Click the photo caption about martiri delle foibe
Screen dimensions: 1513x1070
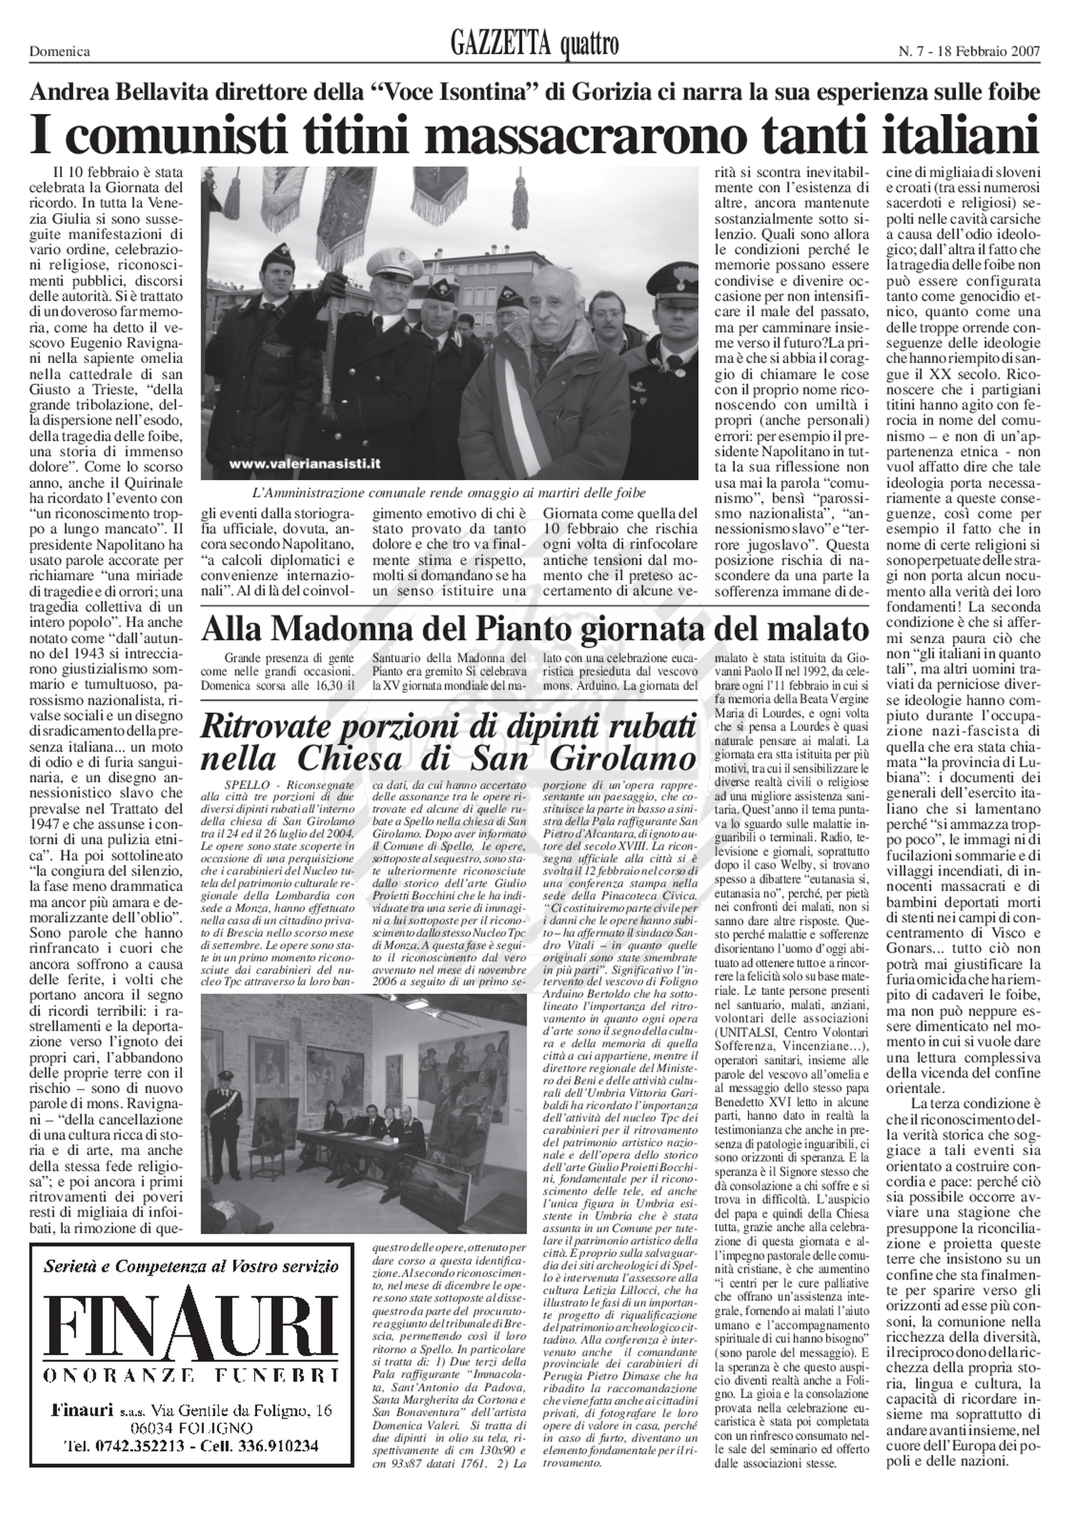pos(449,492)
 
